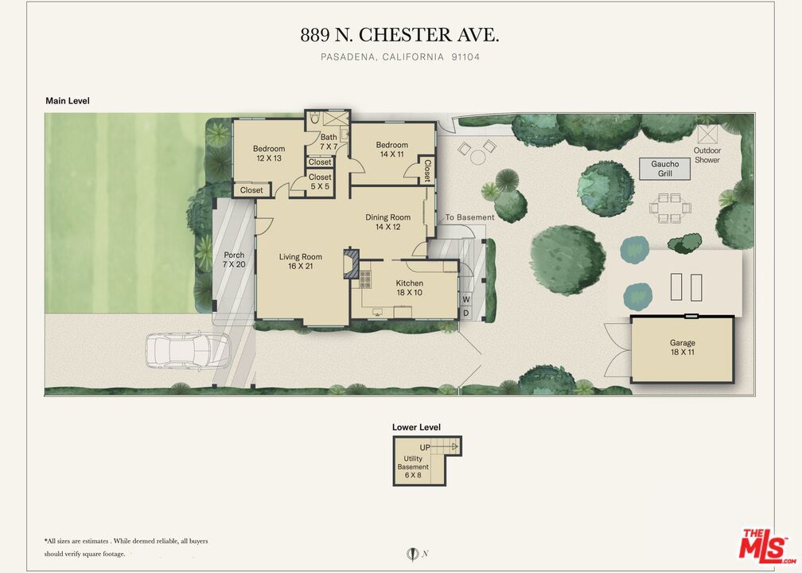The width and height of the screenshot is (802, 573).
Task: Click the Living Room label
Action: click(300, 261)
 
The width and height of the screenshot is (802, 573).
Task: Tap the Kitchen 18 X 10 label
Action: click(409, 287)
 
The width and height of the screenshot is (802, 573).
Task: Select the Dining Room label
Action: click(387, 222)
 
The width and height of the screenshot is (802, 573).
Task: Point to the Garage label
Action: click(683, 347)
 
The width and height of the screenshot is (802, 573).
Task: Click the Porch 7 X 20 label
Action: click(234, 260)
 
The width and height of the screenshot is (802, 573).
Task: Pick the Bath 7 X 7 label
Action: click(329, 142)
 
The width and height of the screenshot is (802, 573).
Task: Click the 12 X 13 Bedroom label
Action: click(269, 154)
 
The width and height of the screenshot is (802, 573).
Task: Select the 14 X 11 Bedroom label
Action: click(391, 150)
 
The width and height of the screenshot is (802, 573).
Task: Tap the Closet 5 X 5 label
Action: click(320, 181)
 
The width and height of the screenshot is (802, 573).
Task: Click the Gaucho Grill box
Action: click(665, 169)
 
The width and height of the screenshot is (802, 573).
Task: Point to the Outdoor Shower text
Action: click(707, 155)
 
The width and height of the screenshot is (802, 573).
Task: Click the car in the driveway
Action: click(188, 351)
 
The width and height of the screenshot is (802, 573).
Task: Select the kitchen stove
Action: click(365, 280)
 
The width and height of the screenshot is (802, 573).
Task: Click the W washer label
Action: click(466, 298)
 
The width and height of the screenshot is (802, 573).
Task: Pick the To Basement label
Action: click(469, 217)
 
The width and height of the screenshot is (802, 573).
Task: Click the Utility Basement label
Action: click(413, 466)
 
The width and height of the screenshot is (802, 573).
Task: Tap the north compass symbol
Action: click(412, 554)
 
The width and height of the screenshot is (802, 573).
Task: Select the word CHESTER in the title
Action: click(405, 35)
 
